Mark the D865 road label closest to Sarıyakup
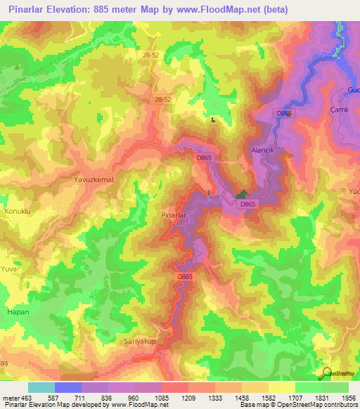click(184, 277)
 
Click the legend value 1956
click(348, 398)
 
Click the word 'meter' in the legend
click(9, 398)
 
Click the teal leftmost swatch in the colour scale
click(41, 387)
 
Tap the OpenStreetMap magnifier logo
click(326, 372)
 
